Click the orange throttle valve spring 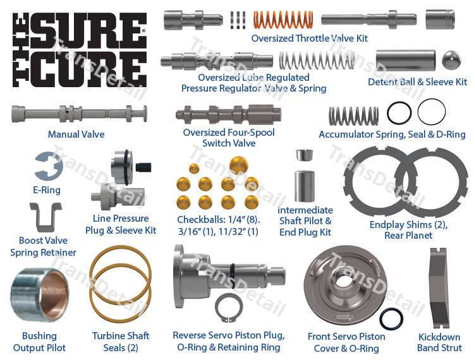[283, 20]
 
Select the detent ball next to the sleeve [451, 59]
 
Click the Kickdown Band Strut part [439, 288]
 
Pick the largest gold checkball [238, 165]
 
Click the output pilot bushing [39, 295]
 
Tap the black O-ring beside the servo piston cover [391, 319]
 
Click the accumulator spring [353, 116]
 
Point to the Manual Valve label [76, 134]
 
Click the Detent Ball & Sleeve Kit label [417, 82]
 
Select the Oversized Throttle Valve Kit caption [310, 39]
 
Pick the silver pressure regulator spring [317, 61]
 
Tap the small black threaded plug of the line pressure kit [143, 167]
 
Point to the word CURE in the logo [88, 69]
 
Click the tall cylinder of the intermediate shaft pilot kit [305, 186]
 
